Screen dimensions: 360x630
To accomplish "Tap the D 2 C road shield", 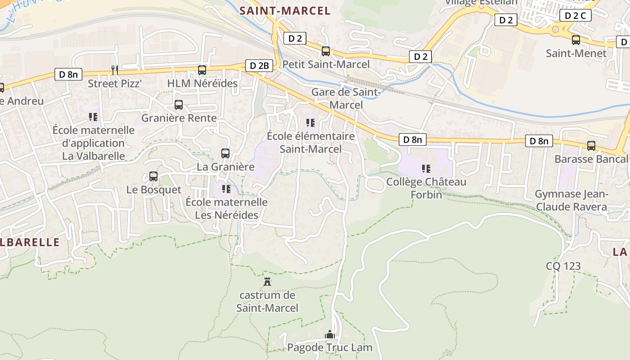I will click(576, 15).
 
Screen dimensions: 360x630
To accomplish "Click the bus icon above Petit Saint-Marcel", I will click(326, 51).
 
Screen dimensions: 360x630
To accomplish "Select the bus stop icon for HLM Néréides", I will click(202, 70).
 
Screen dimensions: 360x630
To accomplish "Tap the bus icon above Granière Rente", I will click(179, 105).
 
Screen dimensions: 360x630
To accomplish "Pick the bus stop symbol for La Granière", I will click(225, 153).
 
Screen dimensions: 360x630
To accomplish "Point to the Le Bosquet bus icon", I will click(153, 176).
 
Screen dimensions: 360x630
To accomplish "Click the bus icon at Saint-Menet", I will click(576, 40).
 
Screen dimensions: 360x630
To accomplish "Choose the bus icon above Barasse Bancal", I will click(591, 146).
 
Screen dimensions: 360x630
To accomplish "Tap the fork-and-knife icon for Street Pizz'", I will click(115, 70).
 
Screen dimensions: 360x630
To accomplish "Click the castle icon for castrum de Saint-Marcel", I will click(268, 282).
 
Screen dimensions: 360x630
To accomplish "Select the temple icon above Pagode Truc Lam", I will click(330, 334).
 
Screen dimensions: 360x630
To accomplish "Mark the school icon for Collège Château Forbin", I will click(426, 169).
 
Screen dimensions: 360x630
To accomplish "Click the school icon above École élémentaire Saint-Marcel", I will click(310, 122).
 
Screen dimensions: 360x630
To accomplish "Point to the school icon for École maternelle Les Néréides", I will click(226, 189).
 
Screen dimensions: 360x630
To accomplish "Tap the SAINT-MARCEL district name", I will click(285, 11).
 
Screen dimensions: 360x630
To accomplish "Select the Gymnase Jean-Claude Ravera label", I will click(571, 201).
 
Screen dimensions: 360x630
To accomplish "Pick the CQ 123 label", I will click(563, 266).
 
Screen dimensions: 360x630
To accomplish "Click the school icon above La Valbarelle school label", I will click(93, 117).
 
